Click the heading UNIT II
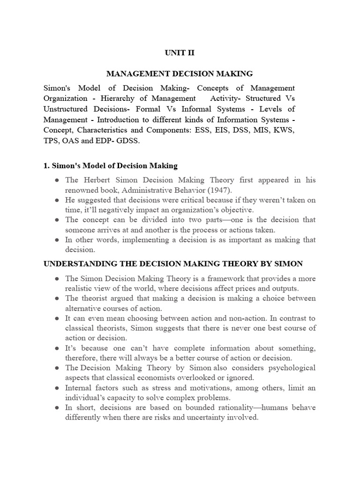[179, 53]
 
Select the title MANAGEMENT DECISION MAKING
[180, 74]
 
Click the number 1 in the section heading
[46, 165]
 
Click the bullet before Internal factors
[56, 388]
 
